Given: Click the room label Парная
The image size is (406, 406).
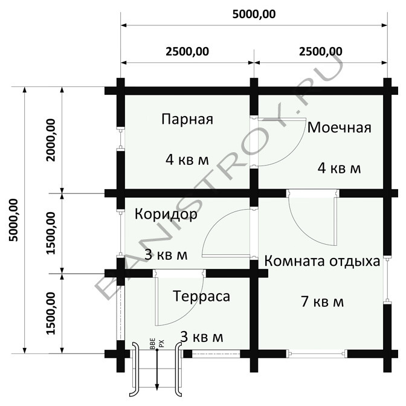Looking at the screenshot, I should [x=187, y=119].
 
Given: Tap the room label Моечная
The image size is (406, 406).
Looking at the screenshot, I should [x=338, y=128].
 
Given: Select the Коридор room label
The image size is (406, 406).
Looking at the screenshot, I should [x=166, y=215].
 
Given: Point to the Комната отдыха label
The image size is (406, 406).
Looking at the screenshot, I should [x=322, y=262].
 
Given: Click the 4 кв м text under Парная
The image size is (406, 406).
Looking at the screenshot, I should [x=187, y=159].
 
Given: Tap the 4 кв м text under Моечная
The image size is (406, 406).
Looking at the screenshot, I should [x=338, y=168].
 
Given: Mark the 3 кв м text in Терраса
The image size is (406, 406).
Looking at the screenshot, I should [x=202, y=337].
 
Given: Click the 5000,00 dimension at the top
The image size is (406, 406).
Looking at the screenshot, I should [x=253, y=14].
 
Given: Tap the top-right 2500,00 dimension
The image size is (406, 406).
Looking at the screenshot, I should [x=320, y=51].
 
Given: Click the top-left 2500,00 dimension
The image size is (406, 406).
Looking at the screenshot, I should [x=187, y=51].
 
